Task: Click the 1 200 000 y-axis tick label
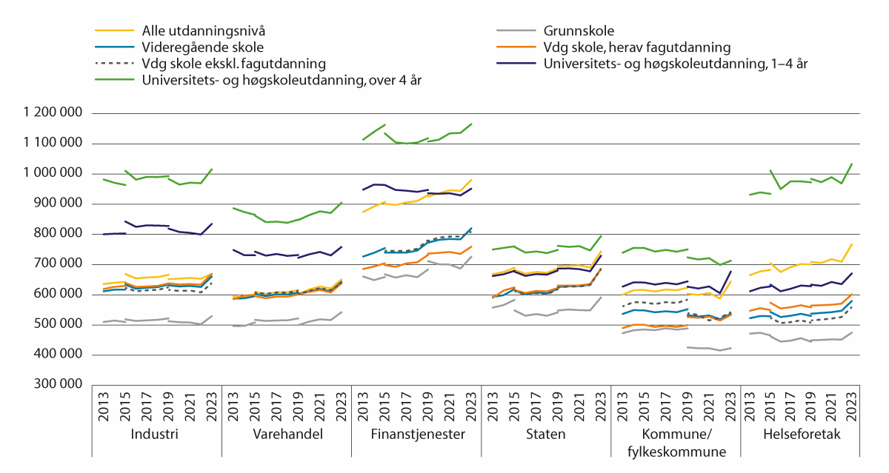point(54,113)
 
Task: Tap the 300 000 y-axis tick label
point(60,385)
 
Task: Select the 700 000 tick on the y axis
point(60,264)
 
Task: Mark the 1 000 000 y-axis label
point(54,174)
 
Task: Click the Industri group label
point(154,435)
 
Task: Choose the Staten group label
point(546,435)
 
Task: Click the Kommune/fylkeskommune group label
point(676,442)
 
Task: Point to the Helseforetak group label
point(805,435)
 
